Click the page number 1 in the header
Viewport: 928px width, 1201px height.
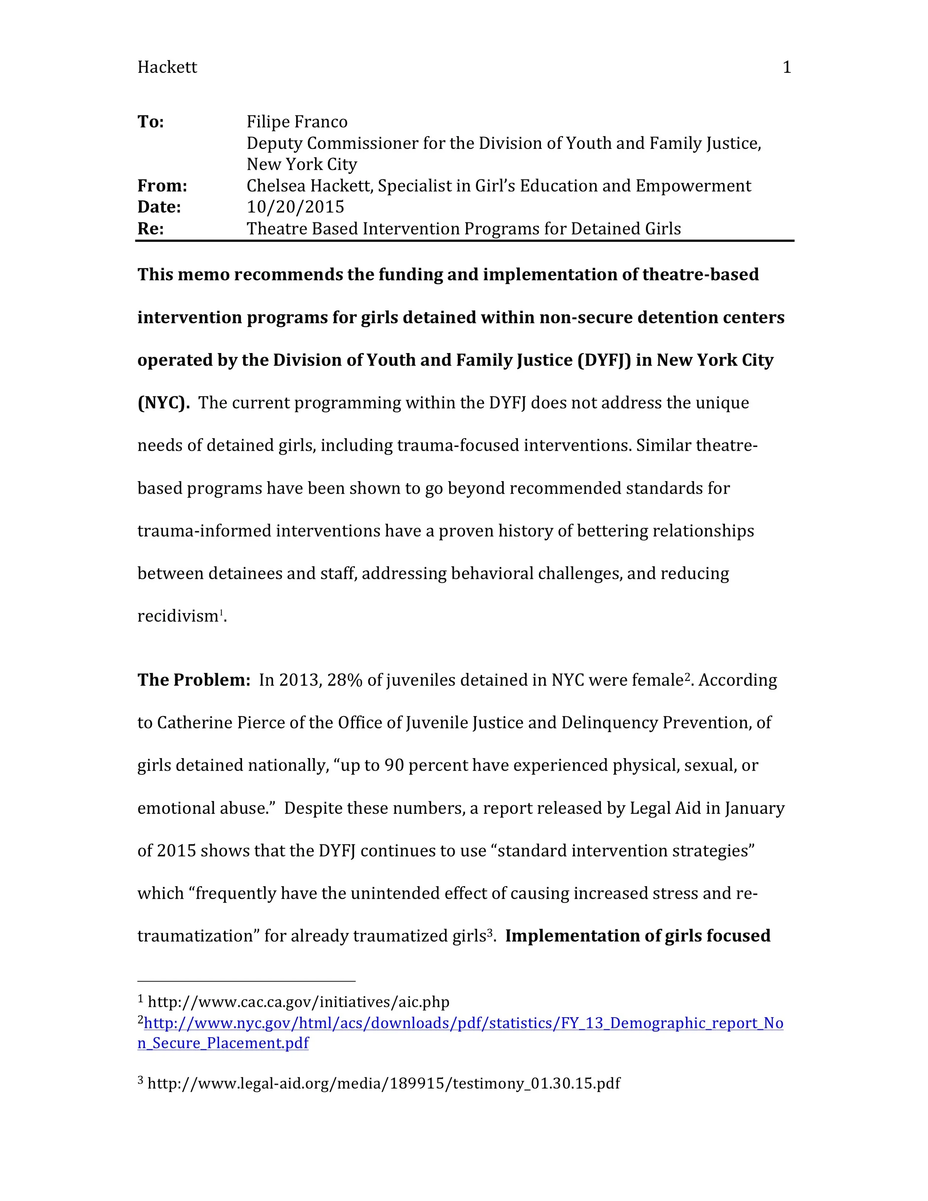pos(786,67)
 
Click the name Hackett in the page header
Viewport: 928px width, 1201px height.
pos(167,67)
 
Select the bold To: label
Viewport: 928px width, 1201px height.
pos(151,121)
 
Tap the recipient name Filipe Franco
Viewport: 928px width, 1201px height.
pos(297,121)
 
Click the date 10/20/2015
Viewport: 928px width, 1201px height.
pos(295,207)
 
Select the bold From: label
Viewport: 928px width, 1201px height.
pos(162,186)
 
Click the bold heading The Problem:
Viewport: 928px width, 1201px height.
pos(193,680)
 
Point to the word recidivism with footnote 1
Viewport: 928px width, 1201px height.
pos(177,616)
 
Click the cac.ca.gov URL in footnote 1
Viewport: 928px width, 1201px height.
pos(298,1002)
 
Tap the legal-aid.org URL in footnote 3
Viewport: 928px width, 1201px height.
pos(384,1083)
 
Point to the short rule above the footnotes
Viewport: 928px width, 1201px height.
pos(246,980)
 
